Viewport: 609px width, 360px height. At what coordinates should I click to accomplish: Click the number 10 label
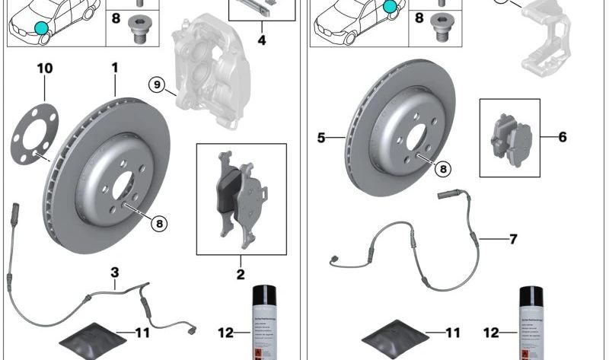point(45,69)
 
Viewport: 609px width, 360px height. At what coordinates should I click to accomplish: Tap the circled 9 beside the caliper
point(158,84)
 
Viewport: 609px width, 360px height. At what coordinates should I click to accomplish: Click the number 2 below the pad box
point(241,274)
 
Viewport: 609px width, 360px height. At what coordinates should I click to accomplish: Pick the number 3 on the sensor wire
point(114,272)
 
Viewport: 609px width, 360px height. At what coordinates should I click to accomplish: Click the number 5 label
point(320,139)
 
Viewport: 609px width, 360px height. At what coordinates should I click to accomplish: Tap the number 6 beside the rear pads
point(562,137)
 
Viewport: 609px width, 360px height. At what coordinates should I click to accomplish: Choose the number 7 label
point(513,239)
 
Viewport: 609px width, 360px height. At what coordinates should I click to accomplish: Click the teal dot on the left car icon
point(40,29)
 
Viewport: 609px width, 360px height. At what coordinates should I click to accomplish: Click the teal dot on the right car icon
point(391,8)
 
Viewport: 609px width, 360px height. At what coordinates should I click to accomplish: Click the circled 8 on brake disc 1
point(158,223)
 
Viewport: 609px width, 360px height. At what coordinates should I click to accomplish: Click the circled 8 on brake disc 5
point(442,169)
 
